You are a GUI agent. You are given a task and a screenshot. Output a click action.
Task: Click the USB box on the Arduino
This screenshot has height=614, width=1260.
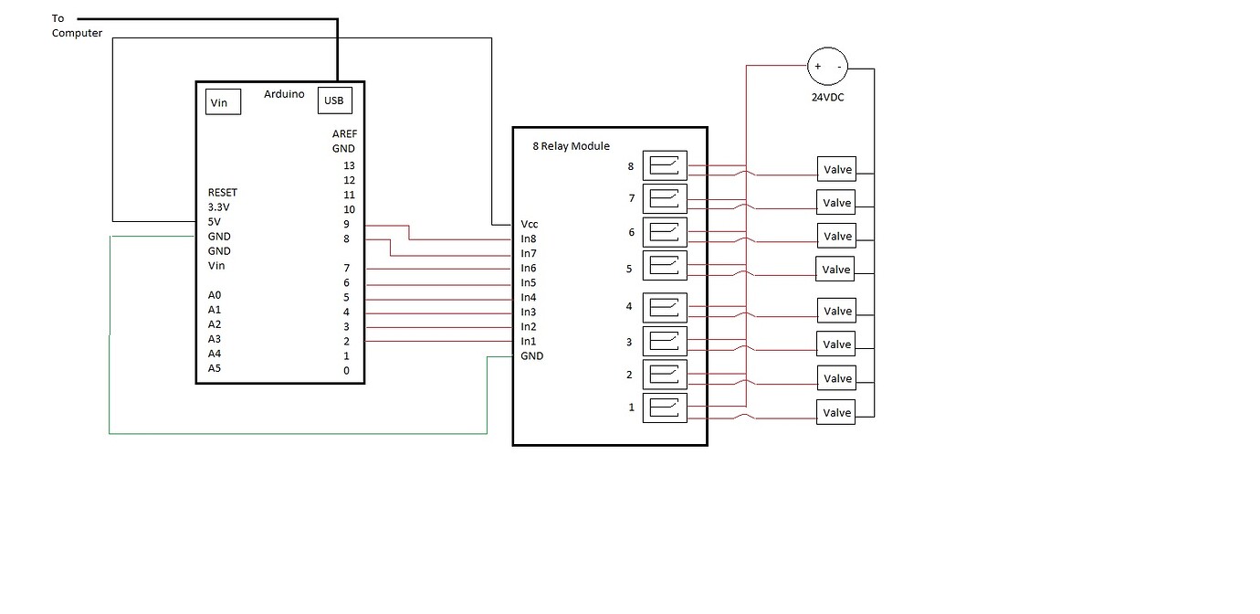pos(333,101)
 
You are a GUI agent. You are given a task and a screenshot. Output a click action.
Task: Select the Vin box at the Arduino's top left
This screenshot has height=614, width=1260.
pos(223,102)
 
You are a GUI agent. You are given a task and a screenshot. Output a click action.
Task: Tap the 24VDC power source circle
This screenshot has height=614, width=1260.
pos(827,67)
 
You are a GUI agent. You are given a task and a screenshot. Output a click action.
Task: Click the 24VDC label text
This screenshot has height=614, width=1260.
pos(827,97)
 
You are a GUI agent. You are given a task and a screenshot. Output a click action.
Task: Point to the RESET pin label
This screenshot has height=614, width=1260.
pos(222,193)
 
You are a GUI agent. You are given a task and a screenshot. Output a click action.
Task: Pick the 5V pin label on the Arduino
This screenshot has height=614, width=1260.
pos(215,222)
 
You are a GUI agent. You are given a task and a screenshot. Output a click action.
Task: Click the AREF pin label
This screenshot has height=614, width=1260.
pos(343,133)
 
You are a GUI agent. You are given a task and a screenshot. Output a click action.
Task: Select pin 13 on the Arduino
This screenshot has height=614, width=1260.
pos(348,165)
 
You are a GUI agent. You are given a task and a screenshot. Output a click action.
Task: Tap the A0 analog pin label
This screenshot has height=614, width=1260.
pos(215,295)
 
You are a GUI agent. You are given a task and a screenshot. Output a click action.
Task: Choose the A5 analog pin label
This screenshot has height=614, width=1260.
pos(215,368)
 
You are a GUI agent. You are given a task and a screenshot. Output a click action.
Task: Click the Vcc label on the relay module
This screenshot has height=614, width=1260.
pos(530,224)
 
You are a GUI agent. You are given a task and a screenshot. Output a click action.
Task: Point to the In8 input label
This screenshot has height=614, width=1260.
pos(529,238)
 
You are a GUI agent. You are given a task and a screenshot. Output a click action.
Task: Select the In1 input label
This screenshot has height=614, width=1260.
pos(529,341)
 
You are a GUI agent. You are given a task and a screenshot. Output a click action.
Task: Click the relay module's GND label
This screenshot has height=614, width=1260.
pos(531,355)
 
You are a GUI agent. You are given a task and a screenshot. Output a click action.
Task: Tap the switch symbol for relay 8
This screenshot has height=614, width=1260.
pos(665,165)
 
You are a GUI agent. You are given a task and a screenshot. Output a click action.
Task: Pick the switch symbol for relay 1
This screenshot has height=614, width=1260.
pos(665,408)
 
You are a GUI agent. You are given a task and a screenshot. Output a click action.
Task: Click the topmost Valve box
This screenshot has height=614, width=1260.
pos(836,169)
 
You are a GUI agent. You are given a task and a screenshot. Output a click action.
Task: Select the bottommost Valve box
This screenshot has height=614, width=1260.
pos(836,413)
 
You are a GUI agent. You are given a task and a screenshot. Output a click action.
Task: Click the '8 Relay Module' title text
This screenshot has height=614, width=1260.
pos(571,146)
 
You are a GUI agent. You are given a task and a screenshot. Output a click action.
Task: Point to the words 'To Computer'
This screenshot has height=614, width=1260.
pos(77,26)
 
